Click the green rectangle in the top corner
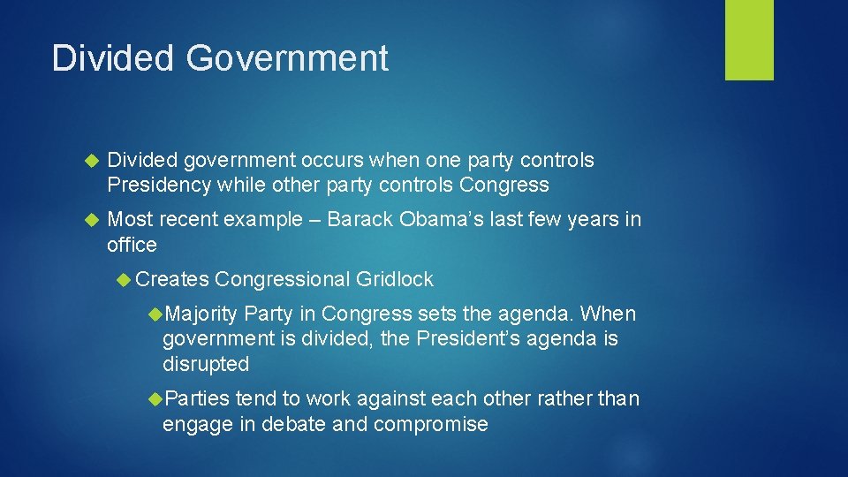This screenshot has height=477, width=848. pos(749,40)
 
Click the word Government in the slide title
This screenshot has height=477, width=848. pos(287,58)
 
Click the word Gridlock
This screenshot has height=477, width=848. pos(395,280)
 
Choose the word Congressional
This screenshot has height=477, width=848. pos(283,280)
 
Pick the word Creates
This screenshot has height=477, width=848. pos(173,280)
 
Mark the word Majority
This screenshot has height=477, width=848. pos(201,314)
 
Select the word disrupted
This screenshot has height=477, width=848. pos(206,364)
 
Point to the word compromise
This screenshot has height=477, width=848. pos(430,424)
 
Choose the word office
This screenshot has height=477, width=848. pos(132,245)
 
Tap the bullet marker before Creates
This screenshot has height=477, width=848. pos(125,280)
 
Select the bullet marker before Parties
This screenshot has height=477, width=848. pos(155,399)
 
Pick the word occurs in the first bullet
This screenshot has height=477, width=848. pos(332,161)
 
